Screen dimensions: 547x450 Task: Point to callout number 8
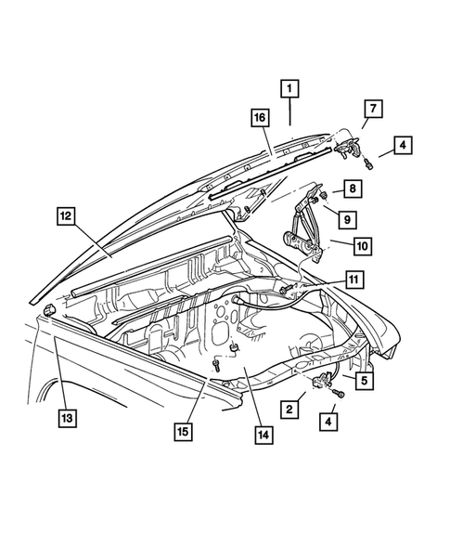[353, 189]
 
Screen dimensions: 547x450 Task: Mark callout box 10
[361, 246]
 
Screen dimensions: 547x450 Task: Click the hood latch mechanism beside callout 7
[347, 144]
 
